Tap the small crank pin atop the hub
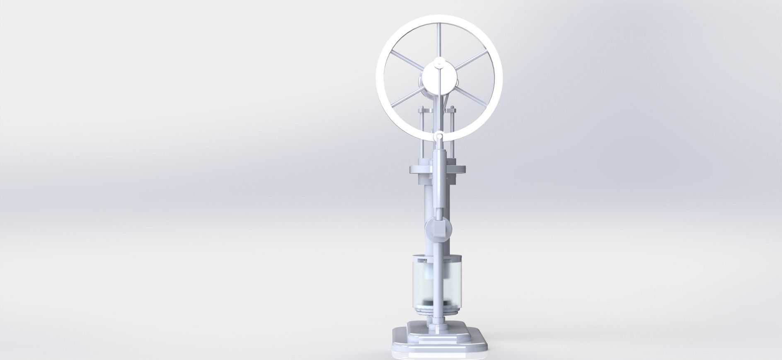coord(438,64)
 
